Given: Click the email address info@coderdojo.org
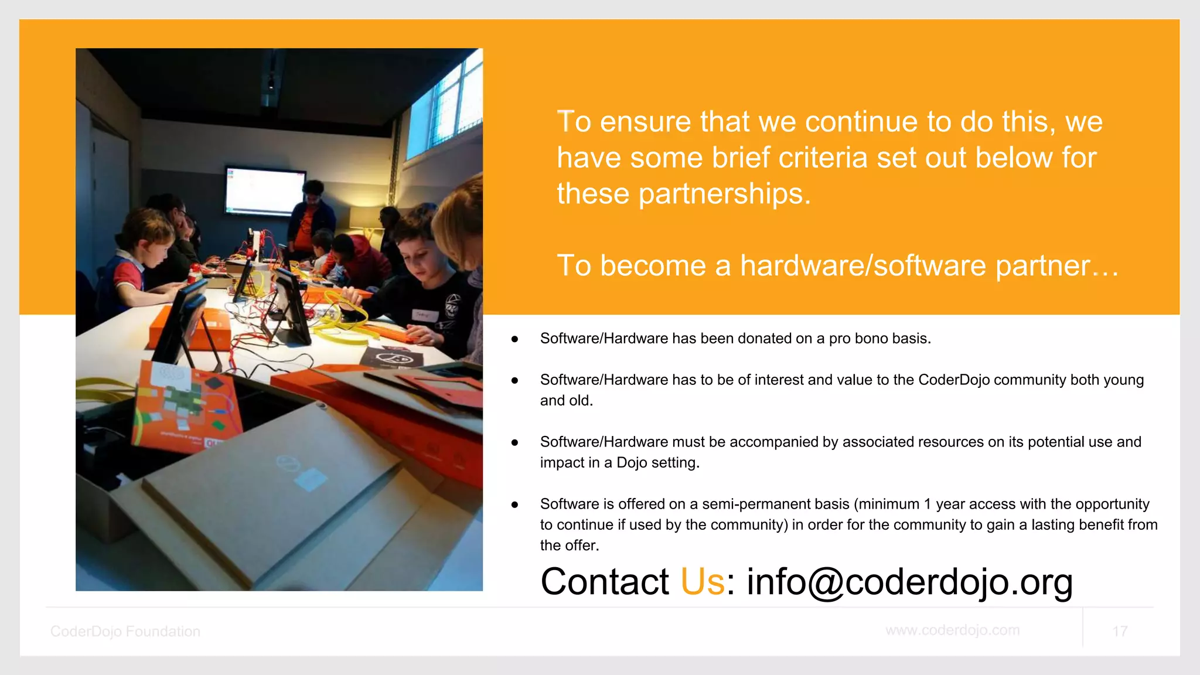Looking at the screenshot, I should [909, 582].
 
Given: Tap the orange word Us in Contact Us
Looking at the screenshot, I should [702, 582].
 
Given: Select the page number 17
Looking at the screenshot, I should [1119, 631].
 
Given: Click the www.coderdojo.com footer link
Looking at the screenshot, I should [952, 630].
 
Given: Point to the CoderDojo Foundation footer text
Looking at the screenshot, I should [125, 631].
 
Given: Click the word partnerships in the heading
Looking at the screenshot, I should [724, 193].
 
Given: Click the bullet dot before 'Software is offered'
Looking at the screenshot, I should [514, 504].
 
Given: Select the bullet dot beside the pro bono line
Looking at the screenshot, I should [514, 339].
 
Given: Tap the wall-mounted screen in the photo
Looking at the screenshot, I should [265, 191].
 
